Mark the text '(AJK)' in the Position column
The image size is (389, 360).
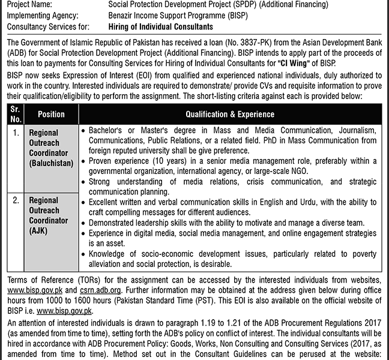[x=39, y=230]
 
